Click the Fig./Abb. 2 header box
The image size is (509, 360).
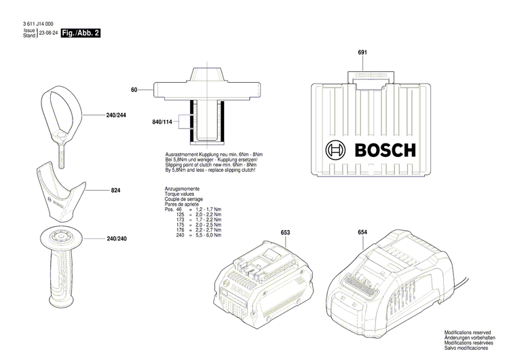(x=80, y=33)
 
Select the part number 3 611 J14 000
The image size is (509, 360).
(x=34, y=24)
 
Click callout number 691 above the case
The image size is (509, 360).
(x=362, y=53)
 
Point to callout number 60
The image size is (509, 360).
(x=134, y=90)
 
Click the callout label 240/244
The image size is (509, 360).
(x=116, y=116)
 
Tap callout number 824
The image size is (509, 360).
(x=115, y=192)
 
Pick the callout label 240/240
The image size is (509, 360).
(x=116, y=239)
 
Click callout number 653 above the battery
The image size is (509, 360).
(x=286, y=233)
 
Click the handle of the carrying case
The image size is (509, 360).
(x=370, y=78)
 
